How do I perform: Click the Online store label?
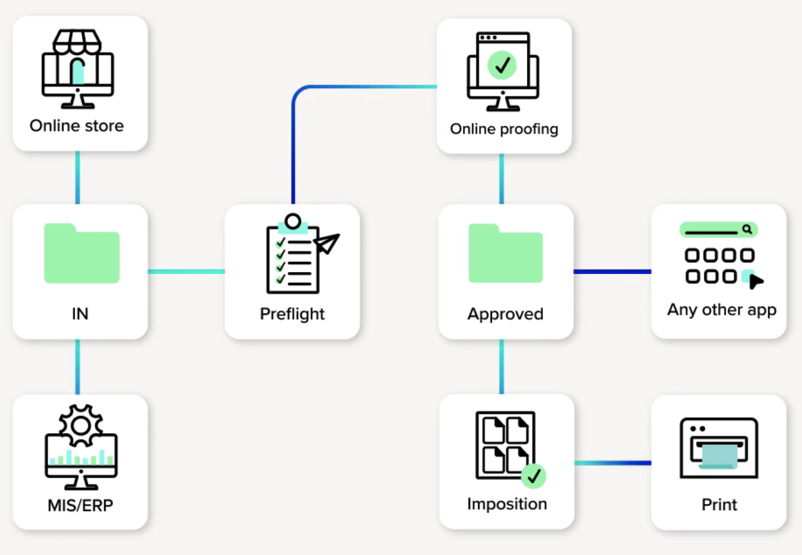(x=76, y=126)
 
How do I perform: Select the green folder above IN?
(x=81, y=253)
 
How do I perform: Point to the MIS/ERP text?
(x=80, y=505)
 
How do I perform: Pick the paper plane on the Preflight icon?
(x=327, y=243)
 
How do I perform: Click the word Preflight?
(x=292, y=314)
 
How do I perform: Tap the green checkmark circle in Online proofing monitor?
(x=503, y=65)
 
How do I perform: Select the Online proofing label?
(x=504, y=129)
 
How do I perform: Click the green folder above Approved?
(x=506, y=253)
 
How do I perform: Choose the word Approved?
(x=505, y=314)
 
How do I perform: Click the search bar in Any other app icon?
(x=718, y=230)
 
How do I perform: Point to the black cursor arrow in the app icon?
(x=756, y=281)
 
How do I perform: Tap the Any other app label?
(x=721, y=310)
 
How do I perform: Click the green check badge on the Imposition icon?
(x=533, y=475)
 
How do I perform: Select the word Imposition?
(x=506, y=504)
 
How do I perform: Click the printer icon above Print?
(x=719, y=448)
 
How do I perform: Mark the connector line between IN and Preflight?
(x=186, y=271)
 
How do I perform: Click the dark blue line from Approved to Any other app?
(x=612, y=271)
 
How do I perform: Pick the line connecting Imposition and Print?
(x=612, y=463)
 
